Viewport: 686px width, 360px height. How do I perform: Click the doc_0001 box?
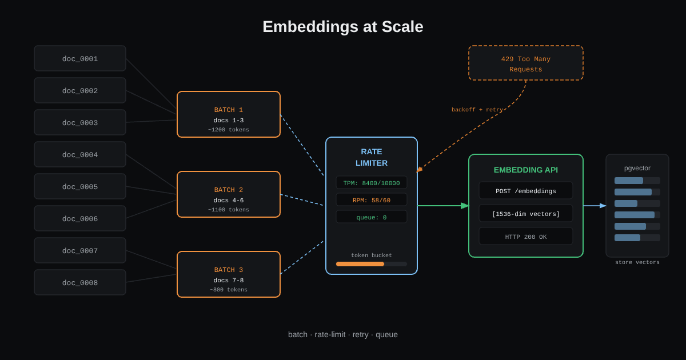tap(80, 58)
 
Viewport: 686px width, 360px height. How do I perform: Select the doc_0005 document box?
tap(80, 186)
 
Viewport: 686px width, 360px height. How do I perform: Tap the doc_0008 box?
tap(80, 282)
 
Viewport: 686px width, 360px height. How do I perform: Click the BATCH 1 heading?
tap(229, 110)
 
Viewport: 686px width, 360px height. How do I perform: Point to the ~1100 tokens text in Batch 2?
tap(229, 210)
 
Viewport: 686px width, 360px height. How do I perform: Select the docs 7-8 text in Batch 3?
tap(229, 281)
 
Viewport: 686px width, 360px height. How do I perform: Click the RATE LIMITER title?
tap(372, 157)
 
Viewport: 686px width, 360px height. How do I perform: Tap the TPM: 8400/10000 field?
tap(372, 183)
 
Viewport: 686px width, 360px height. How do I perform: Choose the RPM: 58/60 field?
tap(372, 200)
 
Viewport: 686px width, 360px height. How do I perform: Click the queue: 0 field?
tap(372, 217)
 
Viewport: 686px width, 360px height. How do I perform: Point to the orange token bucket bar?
tap(360, 264)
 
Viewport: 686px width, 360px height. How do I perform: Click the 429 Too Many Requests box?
tap(526, 63)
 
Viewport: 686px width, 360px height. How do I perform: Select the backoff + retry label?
tap(477, 110)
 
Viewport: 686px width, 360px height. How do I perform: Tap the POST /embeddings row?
tap(526, 191)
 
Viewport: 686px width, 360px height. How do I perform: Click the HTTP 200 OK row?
tap(526, 237)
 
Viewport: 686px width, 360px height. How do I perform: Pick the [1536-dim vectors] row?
tap(526, 214)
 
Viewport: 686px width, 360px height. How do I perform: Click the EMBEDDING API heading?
tap(526, 170)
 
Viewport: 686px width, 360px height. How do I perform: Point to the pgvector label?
tap(637, 168)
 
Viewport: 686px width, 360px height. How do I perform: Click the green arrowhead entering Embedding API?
tap(465, 206)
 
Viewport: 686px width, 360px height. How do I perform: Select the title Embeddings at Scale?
tap(343, 27)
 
